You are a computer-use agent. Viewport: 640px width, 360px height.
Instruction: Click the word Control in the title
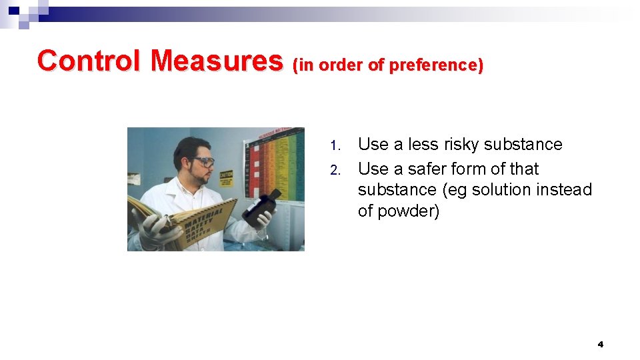point(89,61)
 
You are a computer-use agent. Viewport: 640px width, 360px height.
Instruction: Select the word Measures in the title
point(217,61)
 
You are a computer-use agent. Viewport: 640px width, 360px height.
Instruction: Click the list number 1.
point(336,145)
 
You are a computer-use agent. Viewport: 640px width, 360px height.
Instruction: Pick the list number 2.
point(336,170)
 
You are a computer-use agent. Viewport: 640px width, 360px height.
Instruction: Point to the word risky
point(458,145)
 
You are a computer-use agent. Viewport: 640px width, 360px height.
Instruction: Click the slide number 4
point(600,345)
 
